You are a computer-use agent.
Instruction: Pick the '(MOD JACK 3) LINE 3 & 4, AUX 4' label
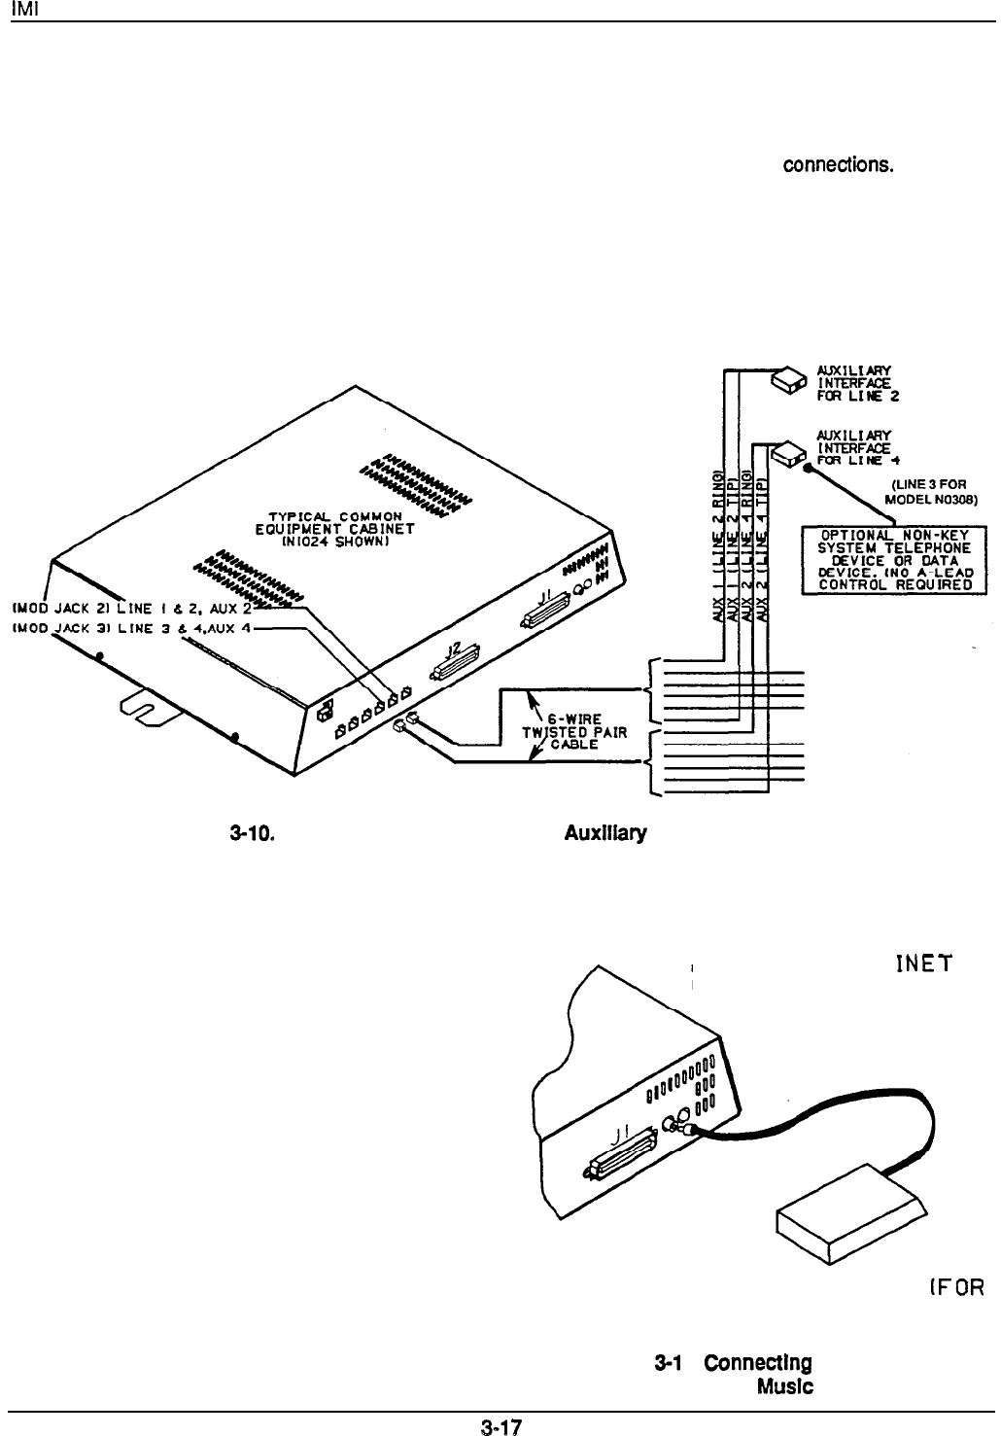tap(131, 628)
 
